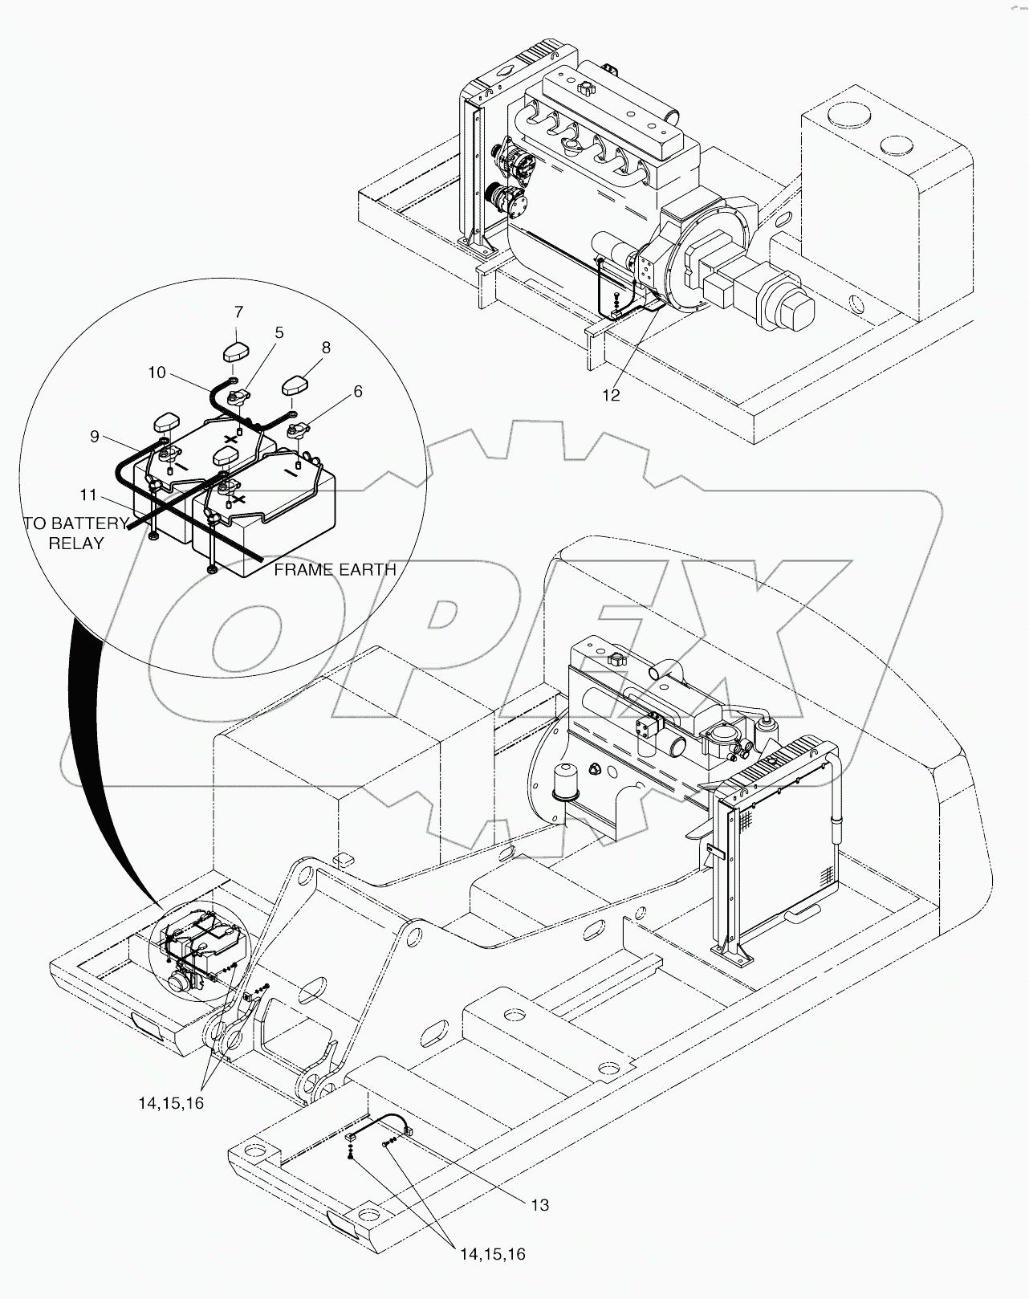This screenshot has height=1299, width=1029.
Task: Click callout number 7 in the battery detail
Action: point(238,312)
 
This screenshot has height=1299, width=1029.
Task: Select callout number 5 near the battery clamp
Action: point(279,331)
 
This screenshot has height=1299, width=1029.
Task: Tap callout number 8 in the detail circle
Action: point(326,348)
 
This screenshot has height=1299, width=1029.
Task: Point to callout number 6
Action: point(357,391)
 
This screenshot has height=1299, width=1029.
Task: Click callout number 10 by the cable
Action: point(157,373)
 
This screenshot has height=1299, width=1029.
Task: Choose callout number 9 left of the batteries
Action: point(95,436)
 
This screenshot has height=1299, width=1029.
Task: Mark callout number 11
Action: point(88,494)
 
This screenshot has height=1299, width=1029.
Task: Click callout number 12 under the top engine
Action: point(612,395)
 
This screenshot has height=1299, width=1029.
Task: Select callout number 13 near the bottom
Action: point(539,1204)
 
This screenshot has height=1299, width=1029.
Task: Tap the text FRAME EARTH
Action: point(335,569)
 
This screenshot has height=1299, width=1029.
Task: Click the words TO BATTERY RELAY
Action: point(76,533)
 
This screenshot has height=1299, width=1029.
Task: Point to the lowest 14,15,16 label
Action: point(492,1253)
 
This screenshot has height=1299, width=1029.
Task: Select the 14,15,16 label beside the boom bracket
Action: point(171,1102)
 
